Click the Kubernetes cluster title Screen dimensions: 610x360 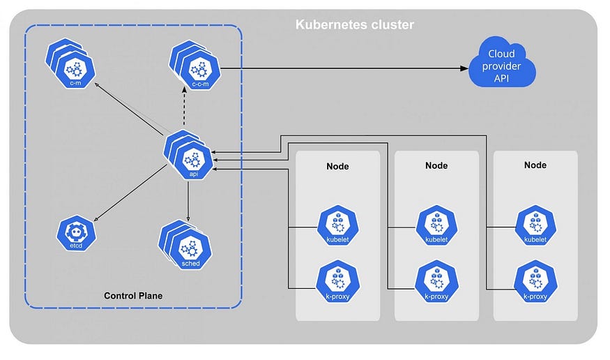354,24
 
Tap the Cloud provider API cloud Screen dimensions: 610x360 502,62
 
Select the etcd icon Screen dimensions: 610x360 76,233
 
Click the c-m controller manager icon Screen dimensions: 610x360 70,63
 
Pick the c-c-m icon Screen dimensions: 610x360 195,65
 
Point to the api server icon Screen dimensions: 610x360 188,155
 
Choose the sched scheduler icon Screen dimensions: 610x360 185,245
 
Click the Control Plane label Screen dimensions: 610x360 133,296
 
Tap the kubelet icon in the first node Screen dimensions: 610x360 337,226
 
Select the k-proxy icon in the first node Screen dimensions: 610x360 337,282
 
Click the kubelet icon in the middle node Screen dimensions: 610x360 436,226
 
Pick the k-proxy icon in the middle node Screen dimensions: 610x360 436,282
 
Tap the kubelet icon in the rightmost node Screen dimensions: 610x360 535,226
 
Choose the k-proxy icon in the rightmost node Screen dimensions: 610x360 535,282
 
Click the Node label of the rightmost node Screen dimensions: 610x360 535,165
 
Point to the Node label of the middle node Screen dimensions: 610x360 436,165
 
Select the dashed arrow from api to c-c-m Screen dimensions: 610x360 185,108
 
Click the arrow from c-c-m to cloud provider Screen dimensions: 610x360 344,68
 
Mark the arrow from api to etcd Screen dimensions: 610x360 131,193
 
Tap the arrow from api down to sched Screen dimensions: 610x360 188,201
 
